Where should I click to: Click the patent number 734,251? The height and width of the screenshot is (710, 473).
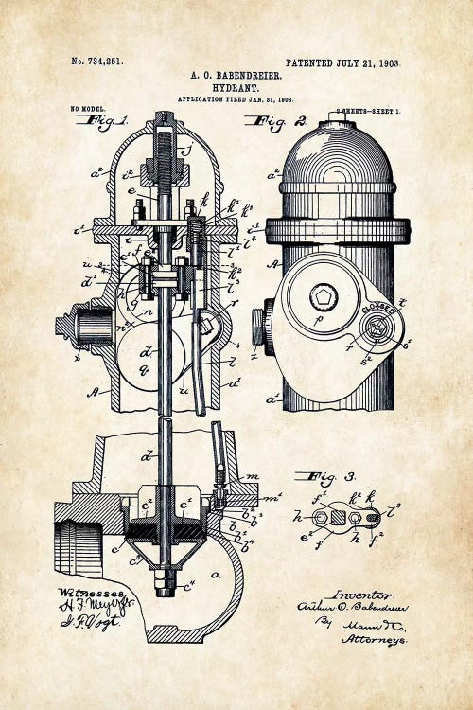97,62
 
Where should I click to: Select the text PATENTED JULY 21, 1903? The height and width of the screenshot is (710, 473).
342,63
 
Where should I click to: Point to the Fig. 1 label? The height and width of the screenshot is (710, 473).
107,121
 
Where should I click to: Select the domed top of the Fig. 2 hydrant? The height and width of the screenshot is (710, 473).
337,151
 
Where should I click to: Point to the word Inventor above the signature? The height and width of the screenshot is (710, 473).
359,594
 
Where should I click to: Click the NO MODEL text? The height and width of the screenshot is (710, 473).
88,110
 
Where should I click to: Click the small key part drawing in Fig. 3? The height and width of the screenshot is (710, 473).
338,517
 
